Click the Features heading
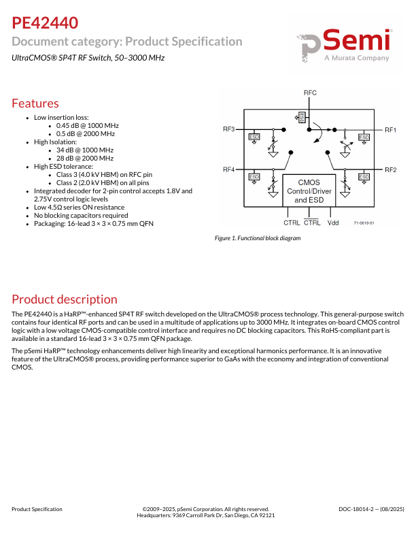click(35, 103)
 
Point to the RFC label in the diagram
click(310, 93)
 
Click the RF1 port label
click(391, 129)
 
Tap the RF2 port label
click(391, 169)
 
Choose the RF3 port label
click(228, 129)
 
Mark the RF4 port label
click(228, 169)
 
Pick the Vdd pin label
click(333, 223)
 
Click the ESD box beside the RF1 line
click(364, 137)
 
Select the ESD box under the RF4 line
click(254, 178)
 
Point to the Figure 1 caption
click(257, 238)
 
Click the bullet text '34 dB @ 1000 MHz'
click(85, 150)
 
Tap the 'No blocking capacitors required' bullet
click(81, 215)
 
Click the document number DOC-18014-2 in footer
click(371, 509)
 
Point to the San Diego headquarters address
click(206, 516)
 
